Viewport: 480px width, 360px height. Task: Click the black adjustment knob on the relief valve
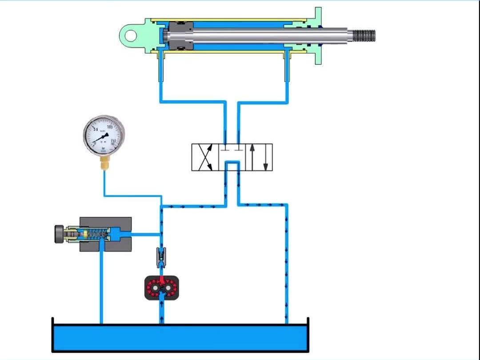click(58, 234)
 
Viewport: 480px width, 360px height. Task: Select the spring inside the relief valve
click(98, 234)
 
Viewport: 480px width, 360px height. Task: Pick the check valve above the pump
click(161, 257)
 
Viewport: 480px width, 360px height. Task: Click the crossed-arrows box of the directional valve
click(204, 157)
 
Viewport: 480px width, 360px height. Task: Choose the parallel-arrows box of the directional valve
click(259, 157)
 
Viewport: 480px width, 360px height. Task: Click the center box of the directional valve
click(232, 157)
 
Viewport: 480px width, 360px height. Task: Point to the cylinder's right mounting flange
click(318, 36)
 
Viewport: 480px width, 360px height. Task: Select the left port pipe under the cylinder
click(161, 76)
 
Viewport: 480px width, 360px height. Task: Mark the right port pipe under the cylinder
click(287, 76)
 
